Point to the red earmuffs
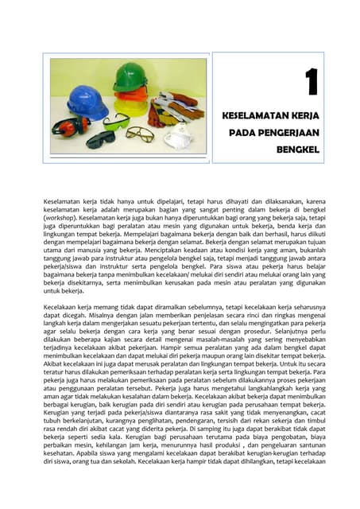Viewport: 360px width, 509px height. click(x=70, y=126)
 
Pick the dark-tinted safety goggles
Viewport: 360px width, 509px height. click(x=101, y=139)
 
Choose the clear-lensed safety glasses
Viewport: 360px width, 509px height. click(x=140, y=133)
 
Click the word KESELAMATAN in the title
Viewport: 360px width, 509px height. click(x=256, y=115)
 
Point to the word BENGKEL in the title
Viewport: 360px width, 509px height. click(x=297, y=149)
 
